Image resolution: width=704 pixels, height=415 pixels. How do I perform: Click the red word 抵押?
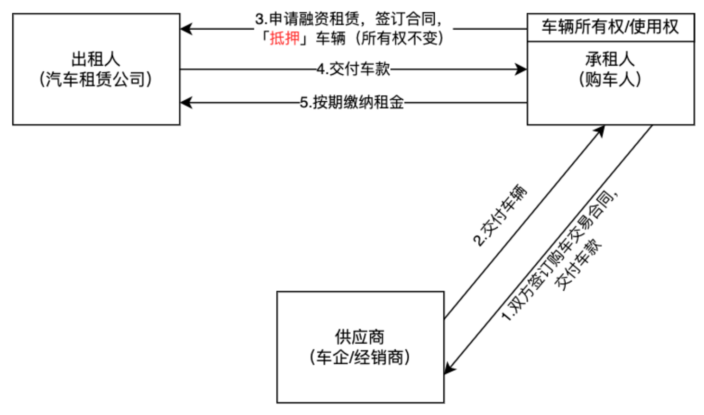(x=284, y=38)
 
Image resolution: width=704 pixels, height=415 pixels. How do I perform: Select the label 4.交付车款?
(x=353, y=69)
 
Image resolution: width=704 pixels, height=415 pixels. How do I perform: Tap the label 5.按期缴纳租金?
(x=352, y=103)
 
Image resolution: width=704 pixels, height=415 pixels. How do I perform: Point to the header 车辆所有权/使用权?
(x=610, y=27)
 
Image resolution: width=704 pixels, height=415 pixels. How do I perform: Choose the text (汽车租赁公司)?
(x=96, y=79)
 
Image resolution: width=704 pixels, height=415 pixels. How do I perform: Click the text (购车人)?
(x=610, y=79)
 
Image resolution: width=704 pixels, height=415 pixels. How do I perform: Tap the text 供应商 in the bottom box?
(x=360, y=337)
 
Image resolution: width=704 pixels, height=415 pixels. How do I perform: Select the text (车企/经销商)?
(x=360, y=357)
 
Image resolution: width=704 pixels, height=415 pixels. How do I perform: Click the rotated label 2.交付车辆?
(x=500, y=215)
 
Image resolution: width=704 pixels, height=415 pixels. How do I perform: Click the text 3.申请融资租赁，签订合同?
(x=348, y=19)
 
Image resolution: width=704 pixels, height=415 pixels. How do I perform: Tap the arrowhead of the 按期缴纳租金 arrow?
(x=186, y=103)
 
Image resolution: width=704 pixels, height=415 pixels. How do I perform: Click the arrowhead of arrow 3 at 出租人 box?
(x=186, y=29)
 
